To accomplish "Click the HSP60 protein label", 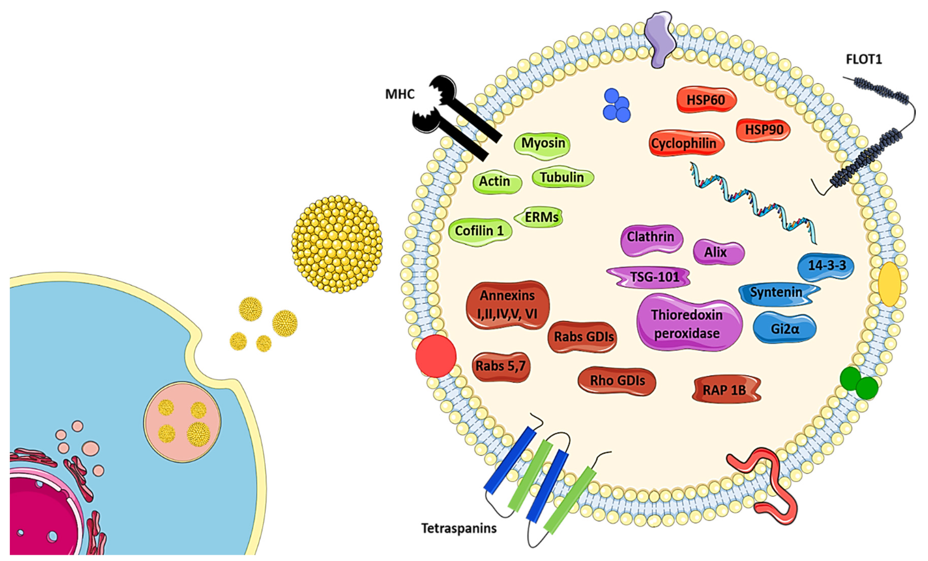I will tap(706, 100).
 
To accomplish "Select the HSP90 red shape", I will tap(764, 130).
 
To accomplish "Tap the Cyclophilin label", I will tap(684, 143).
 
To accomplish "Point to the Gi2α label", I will tap(785, 329).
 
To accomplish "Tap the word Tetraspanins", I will tap(459, 528).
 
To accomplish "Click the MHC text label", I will tap(400, 94).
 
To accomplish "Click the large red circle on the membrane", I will tap(436, 356).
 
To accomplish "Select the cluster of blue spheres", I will tap(616, 106).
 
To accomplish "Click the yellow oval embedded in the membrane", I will tap(889, 284).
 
